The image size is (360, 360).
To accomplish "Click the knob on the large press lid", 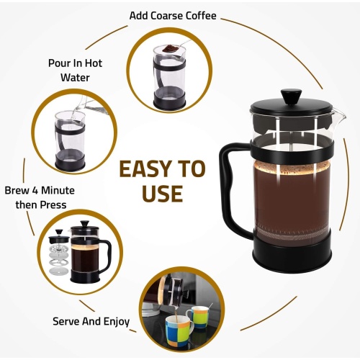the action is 291,96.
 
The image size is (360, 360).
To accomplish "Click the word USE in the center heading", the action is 162,194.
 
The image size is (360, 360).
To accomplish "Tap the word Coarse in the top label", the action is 164,16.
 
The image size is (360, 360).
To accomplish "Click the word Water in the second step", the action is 75,78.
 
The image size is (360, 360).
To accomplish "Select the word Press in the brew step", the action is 53,205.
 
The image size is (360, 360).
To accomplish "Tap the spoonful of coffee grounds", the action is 170,49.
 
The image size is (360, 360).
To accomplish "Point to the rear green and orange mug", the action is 198,317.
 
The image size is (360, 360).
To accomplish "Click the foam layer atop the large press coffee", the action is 291,167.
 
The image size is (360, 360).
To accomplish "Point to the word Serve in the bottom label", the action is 66,321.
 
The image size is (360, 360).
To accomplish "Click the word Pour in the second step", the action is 58,63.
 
